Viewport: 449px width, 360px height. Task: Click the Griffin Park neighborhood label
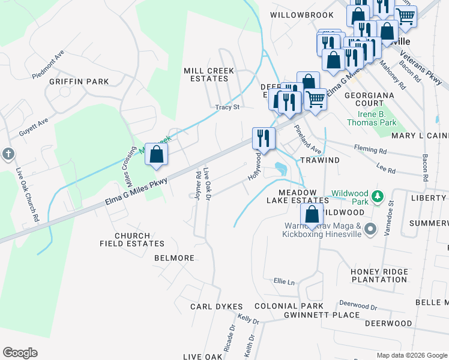(x=79, y=82)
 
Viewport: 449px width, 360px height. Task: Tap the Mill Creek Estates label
(x=208, y=74)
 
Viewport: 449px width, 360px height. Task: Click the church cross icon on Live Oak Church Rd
(x=7, y=154)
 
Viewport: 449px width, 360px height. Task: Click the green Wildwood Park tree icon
(x=378, y=196)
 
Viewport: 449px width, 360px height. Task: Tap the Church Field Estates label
(x=131, y=239)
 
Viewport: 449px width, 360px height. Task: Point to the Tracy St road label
(x=228, y=107)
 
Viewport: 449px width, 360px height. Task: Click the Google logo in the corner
(x=20, y=353)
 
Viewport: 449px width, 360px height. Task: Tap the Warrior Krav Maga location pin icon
(x=370, y=229)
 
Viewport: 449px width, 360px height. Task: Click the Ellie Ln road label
(x=285, y=281)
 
